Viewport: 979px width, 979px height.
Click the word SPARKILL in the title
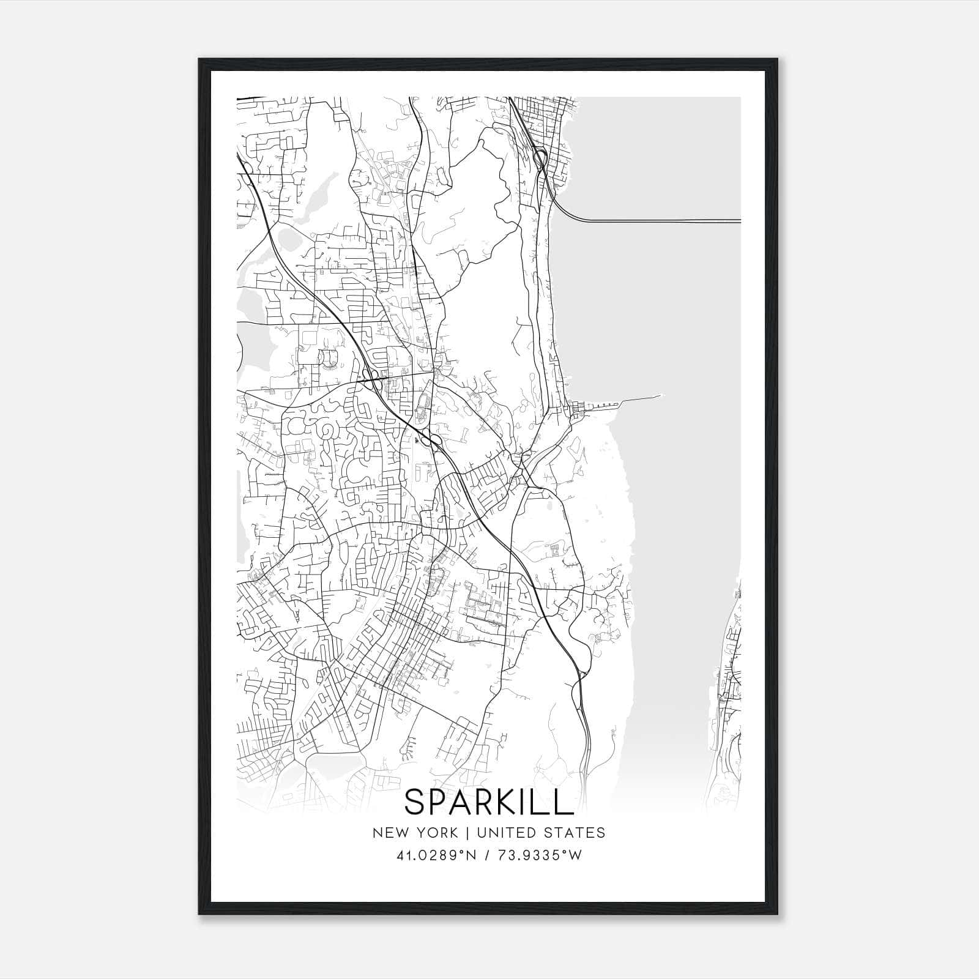pos(488,802)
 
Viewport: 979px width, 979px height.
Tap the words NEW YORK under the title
pos(414,833)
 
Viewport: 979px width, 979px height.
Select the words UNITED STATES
pos(540,833)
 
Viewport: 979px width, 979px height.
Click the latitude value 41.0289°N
pos(436,855)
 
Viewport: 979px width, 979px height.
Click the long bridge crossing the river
pos(661,220)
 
